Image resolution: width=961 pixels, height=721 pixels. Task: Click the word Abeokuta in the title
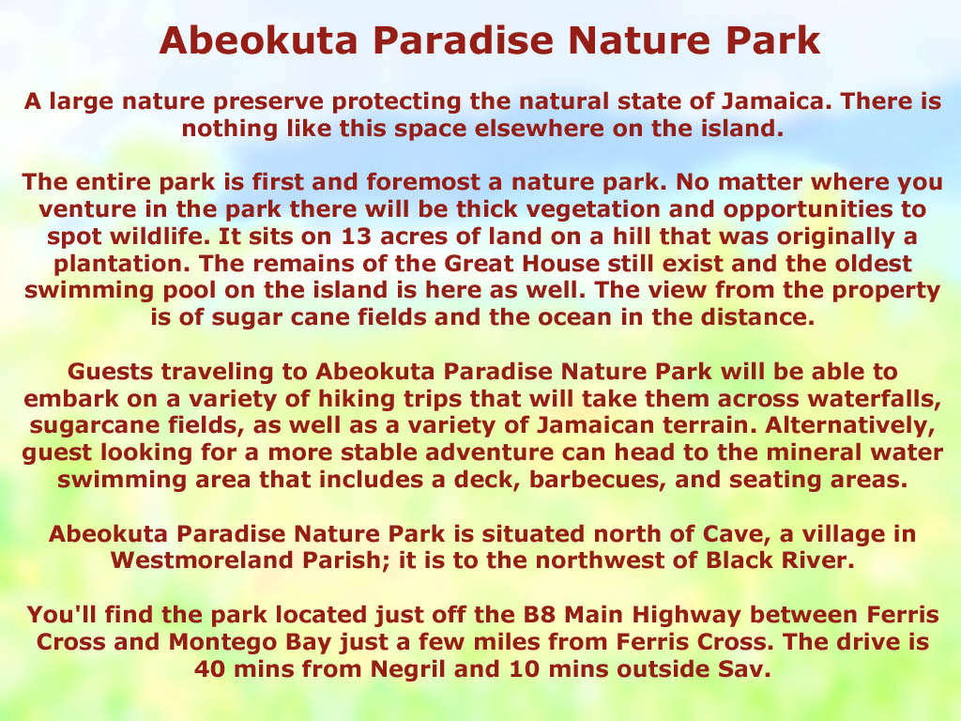pyautogui.click(x=258, y=40)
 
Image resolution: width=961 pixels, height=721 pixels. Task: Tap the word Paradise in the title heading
pyautogui.click(x=463, y=40)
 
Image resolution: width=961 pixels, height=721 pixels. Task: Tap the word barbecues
pyautogui.click(x=598, y=480)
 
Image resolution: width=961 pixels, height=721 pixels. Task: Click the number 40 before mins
pyautogui.click(x=209, y=668)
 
